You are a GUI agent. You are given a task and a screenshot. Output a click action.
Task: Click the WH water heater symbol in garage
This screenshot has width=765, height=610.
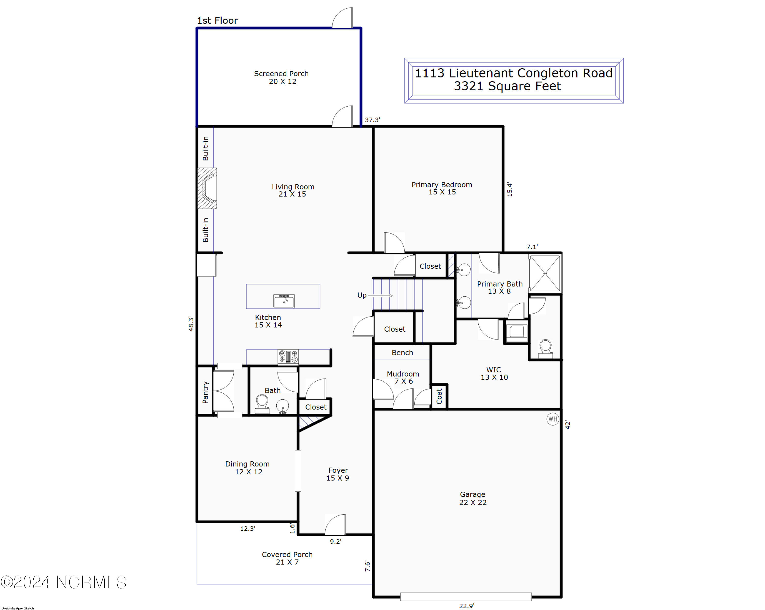553,419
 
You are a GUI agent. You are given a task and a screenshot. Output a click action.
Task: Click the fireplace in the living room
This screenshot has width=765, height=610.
208,188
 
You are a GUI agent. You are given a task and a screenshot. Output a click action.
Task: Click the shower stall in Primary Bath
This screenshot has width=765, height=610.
545,274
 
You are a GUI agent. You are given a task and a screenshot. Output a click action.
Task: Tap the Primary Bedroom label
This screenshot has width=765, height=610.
441,188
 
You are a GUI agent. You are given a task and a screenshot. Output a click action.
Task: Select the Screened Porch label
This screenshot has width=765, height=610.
281,77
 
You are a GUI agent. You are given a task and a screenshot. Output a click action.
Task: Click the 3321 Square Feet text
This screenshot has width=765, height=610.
507,86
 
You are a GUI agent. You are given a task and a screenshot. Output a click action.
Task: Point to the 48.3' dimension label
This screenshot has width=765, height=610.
191,324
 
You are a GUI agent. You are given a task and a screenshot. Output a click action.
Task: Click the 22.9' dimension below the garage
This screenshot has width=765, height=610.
467,606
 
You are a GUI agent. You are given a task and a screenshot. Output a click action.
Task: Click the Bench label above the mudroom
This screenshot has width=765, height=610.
402,353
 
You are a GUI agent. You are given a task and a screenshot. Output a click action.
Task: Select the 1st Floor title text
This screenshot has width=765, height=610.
217,21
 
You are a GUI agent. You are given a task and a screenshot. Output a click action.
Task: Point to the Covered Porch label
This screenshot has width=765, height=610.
287,558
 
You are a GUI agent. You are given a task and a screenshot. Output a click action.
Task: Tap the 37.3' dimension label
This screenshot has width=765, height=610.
372,120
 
